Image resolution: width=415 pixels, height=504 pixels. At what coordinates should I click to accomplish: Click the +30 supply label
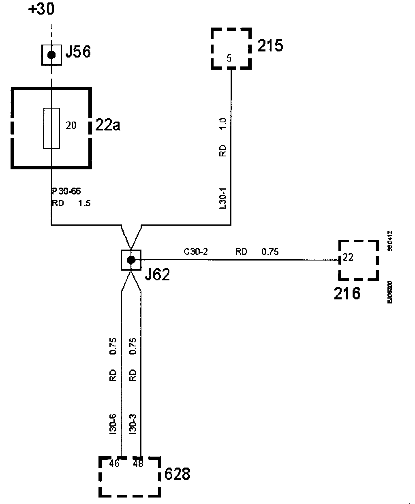tap(41, 9)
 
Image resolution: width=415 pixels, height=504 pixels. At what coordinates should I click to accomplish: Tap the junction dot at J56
tap(51, 55)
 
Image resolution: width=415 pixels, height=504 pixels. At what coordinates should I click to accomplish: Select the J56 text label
tap(78, 52)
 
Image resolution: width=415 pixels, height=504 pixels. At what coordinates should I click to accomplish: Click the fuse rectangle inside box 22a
tap(51, 128)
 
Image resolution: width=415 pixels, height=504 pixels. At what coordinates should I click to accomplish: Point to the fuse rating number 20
tap(71, 126)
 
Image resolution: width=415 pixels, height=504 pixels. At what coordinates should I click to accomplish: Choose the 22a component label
tap(108, 125)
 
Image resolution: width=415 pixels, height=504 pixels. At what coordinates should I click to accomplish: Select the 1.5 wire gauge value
tap(84, 203)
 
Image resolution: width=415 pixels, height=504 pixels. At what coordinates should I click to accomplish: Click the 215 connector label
tap(270, 45)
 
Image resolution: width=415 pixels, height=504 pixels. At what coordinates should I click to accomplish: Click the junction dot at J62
tap(131, 260)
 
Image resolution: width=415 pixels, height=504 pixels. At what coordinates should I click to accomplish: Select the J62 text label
tap(158, 275)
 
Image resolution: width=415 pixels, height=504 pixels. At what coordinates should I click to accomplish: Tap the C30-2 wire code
tap(196, 252)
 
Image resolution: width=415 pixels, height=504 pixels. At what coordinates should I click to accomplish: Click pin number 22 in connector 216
tap(348, 256)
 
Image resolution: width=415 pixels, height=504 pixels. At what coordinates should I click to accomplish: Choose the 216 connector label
tap(347, 293)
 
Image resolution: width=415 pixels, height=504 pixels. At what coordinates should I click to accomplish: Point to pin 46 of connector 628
tap(115, 463)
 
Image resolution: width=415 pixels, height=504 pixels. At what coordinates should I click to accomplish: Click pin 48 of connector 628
tap(138, 463)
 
